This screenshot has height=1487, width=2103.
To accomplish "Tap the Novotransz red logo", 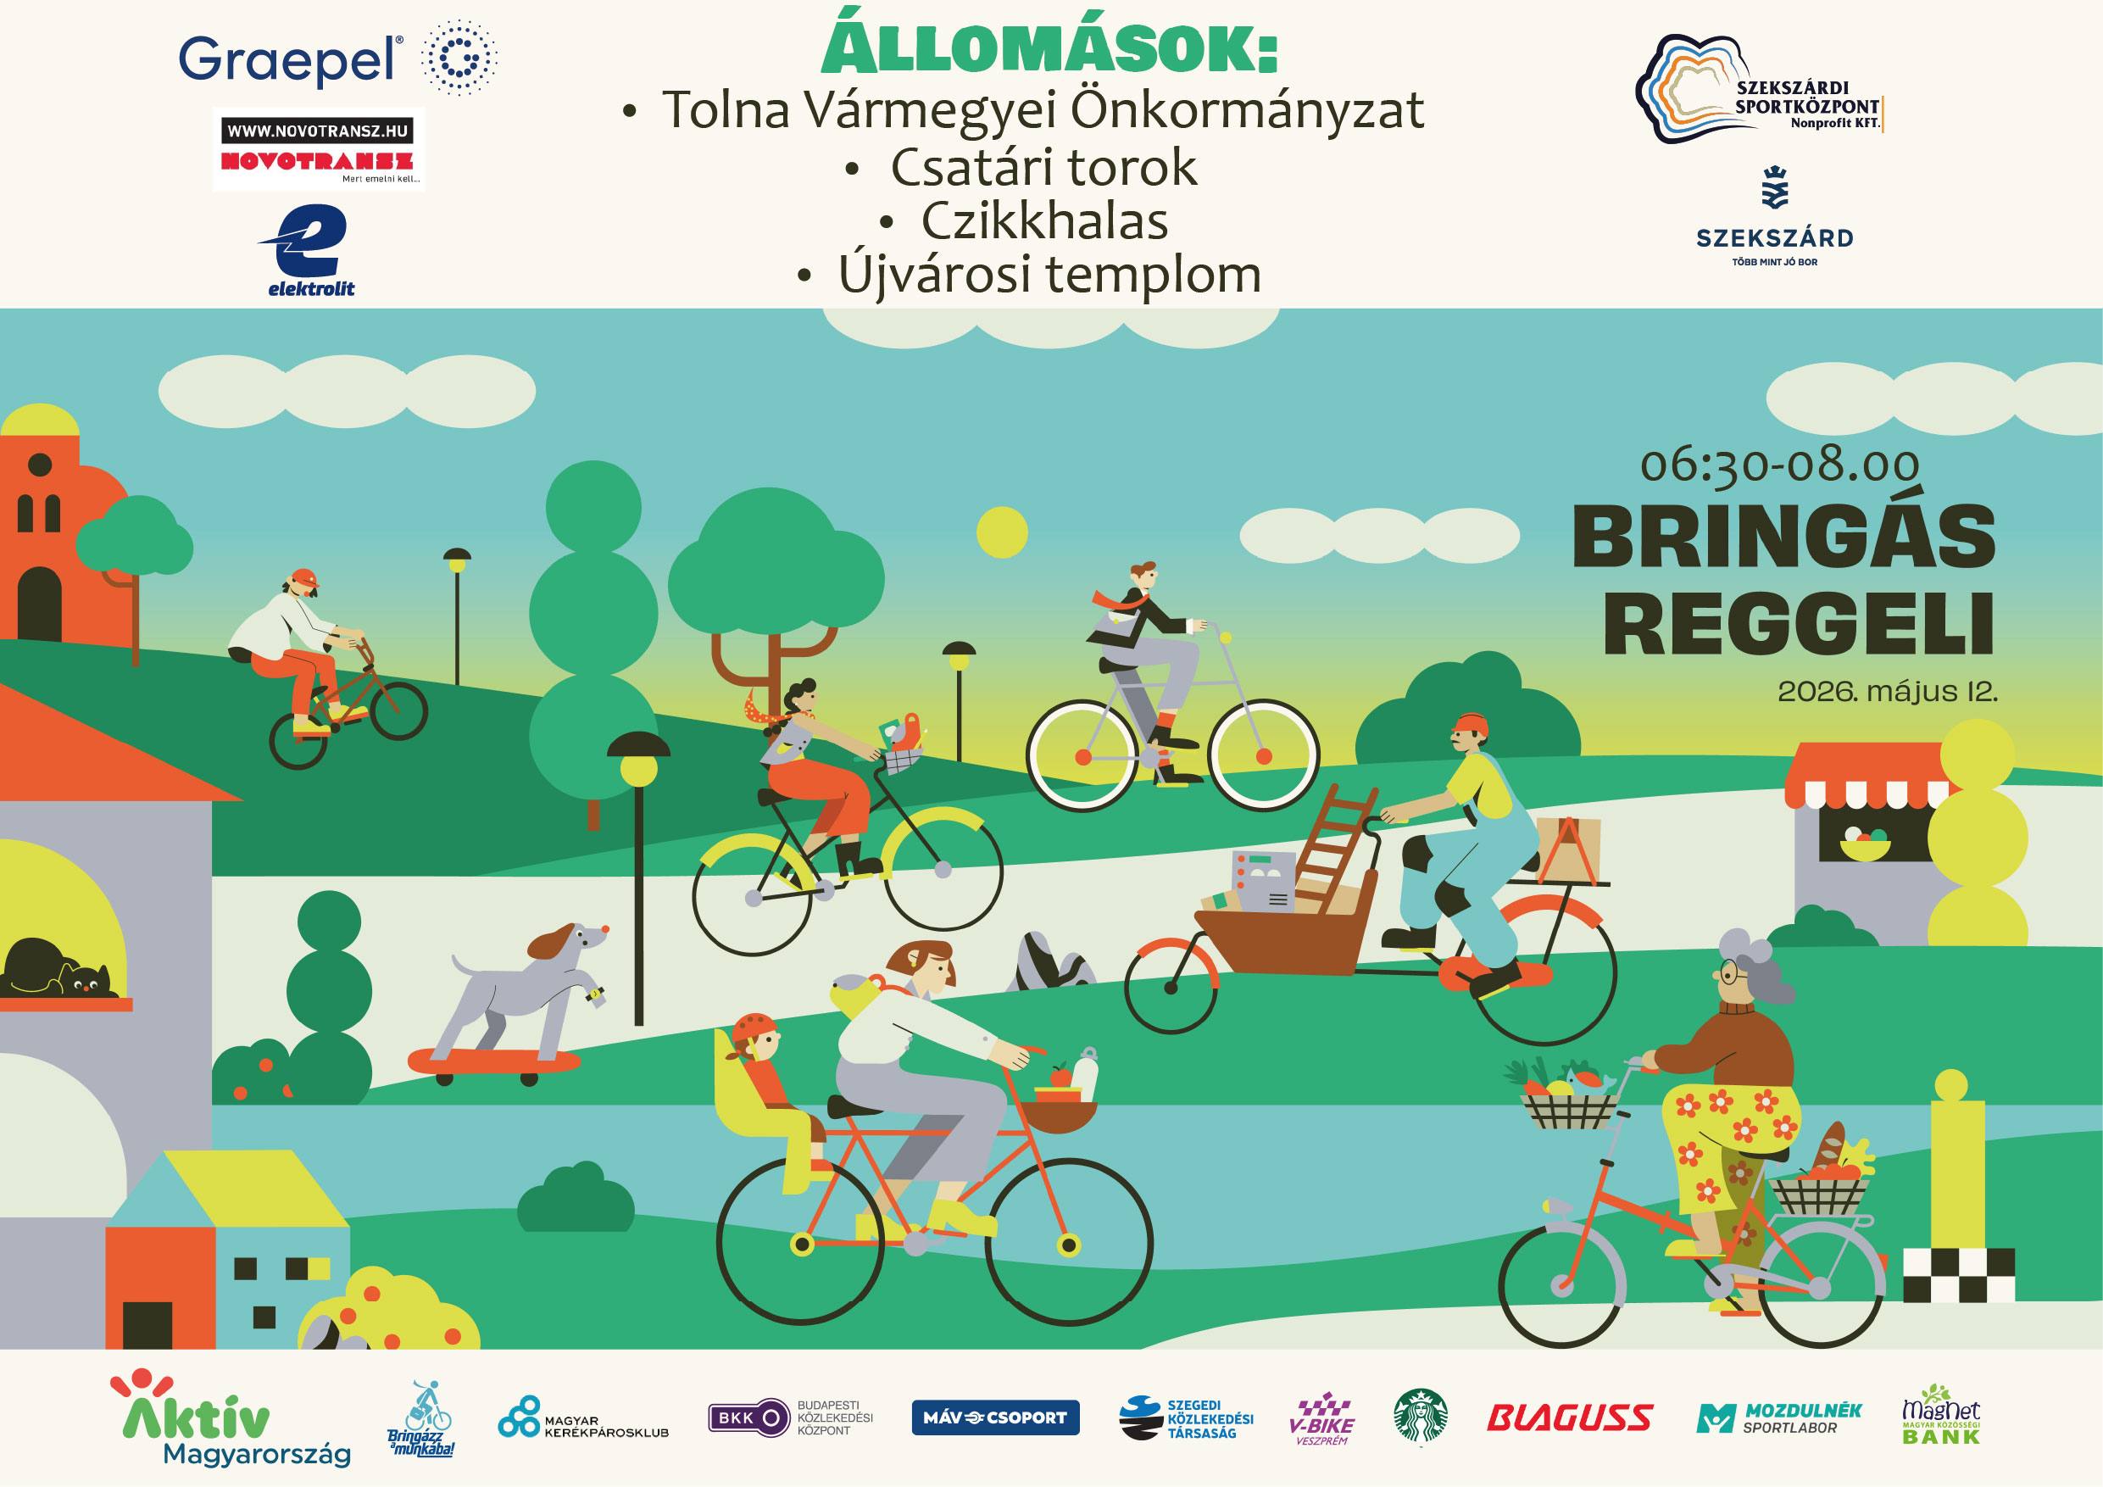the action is (317, 161).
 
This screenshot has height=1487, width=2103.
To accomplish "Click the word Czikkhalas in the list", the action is (1044, 220).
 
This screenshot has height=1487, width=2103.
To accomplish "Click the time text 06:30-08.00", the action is (1780, 465).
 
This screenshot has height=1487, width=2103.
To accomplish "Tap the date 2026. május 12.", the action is (1887, 691).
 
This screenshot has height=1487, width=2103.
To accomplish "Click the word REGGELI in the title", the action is (1798, 624).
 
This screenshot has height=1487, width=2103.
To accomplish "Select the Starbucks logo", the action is (1421, 1417).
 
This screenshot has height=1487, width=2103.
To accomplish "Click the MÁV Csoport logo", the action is (996, 1417).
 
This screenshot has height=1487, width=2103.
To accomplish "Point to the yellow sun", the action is (1002, 532).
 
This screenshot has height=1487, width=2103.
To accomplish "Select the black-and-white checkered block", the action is (1958, 1275).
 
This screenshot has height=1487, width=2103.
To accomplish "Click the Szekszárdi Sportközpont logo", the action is (1759, 90).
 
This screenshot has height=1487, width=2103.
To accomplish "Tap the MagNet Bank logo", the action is (1941, 1416).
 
